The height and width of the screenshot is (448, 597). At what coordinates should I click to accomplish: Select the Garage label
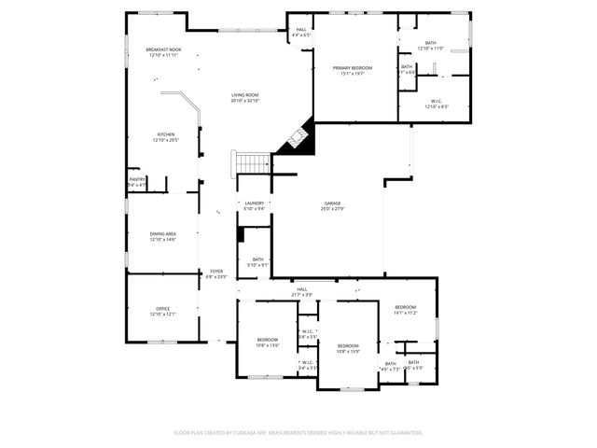(332, 205)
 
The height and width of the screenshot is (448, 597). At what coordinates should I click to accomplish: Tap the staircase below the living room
(252, 162)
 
